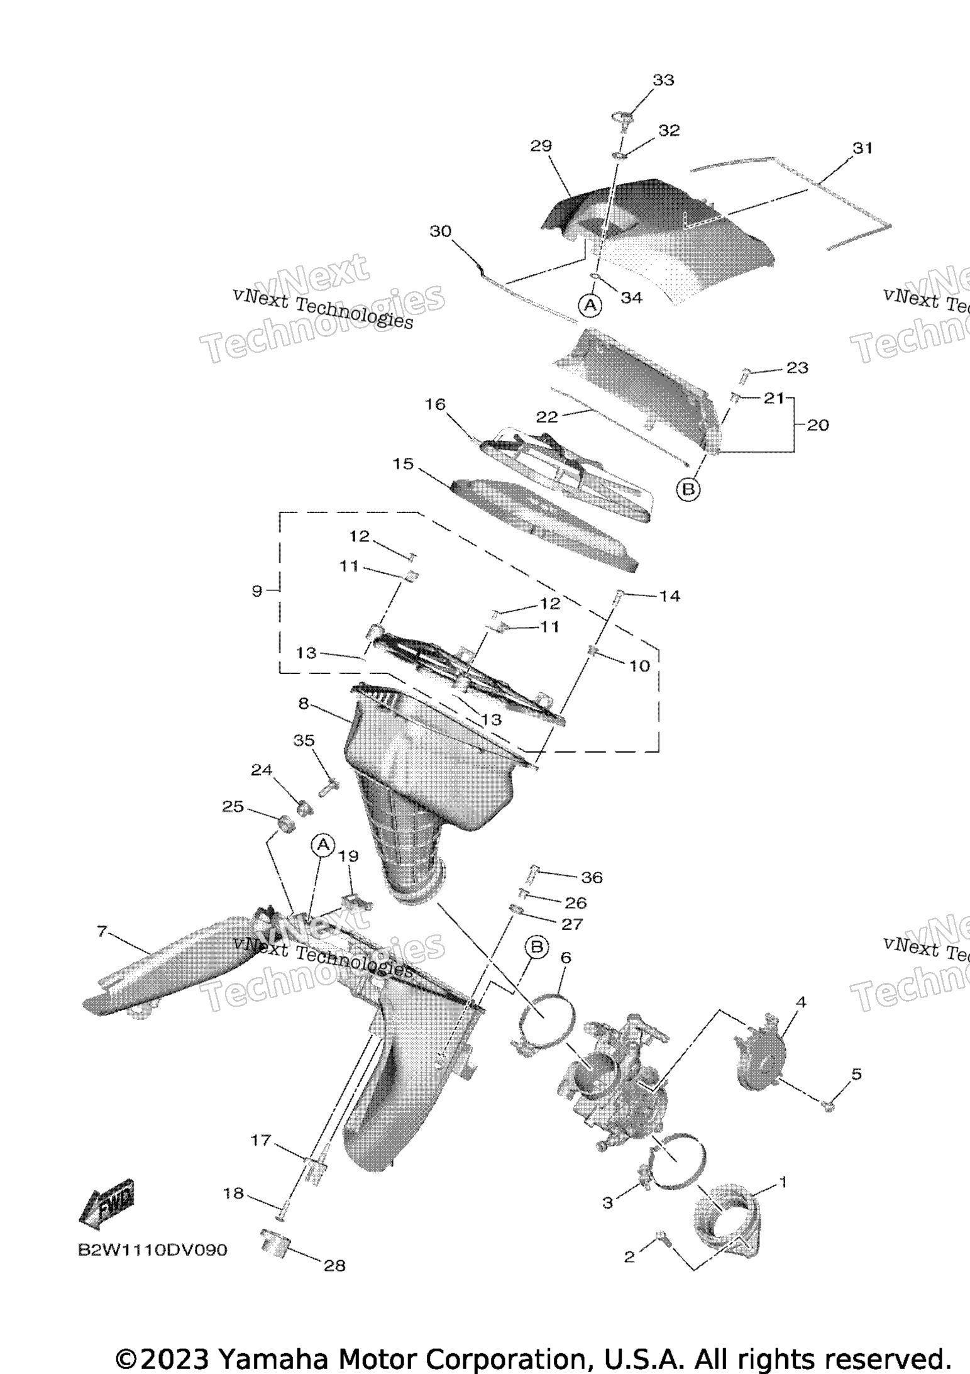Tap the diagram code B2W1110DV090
click(x=152, y=1249)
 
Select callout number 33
click(x=663, y=80)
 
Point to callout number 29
click(x=541, y=146)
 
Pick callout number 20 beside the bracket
click(x=818, y=425)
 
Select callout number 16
click(x=435, y=404)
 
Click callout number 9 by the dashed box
click(x=256, y=591)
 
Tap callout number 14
click(x=670, y=596)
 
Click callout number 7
click(x=102, y=931)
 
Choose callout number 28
click(x=335, y=1265)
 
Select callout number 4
click(x=800, y=1002)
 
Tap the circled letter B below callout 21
click(x=688, y=489)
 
